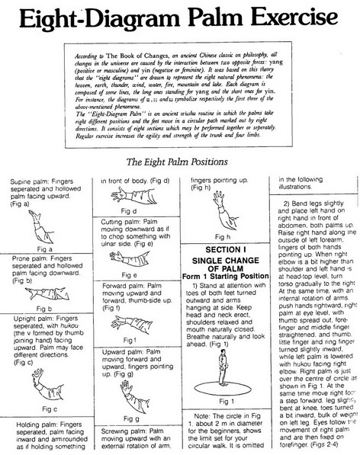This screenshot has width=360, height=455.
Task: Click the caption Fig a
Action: coord(45,248)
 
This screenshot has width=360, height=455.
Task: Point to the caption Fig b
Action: coord(45,309)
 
